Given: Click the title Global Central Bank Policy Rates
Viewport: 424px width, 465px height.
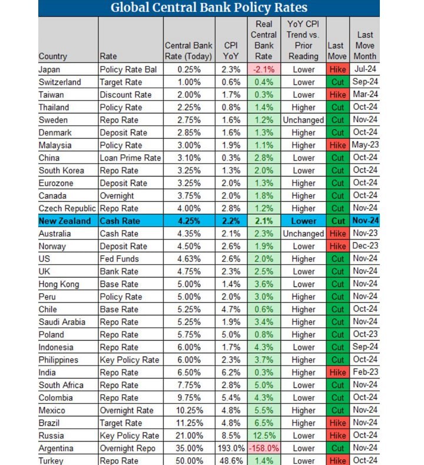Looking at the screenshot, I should point(208,8).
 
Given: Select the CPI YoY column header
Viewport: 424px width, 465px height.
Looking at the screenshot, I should point(231,50).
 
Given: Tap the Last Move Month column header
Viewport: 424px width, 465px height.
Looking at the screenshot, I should point(365,45).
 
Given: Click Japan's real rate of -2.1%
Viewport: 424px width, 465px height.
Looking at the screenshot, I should point(263,69).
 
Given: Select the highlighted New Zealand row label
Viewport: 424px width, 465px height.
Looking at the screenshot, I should point(65,221).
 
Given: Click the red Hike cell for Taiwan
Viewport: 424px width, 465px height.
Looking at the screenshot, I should point(337,95).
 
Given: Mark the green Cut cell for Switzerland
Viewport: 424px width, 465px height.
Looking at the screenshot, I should point(337,82).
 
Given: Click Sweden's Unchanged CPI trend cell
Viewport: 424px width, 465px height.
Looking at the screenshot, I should point(303,120).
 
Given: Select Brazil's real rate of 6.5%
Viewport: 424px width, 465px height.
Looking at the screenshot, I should point(263,423).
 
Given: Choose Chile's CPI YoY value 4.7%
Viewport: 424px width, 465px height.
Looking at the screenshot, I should point(231,310).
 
